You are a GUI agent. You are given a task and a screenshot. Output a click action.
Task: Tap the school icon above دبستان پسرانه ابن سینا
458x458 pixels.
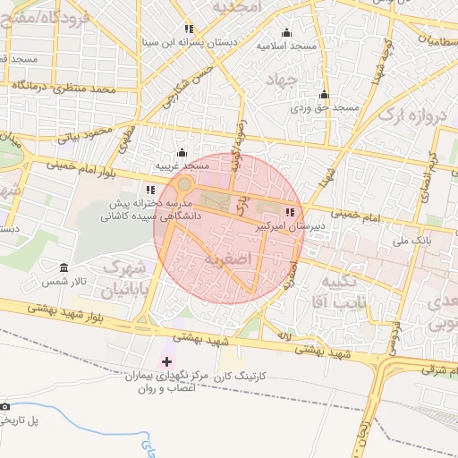pos(188,29)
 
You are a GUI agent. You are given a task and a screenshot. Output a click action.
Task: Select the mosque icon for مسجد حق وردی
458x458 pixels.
pos(324,95)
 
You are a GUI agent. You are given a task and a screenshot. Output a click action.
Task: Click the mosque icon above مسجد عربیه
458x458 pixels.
pos(182,152)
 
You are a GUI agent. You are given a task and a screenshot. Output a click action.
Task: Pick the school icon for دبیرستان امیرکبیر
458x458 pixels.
pos(289,213)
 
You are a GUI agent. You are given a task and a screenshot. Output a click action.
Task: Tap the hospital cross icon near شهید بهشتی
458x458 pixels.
pos(166,360)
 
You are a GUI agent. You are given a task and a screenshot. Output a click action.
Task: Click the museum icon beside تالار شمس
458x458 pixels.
pos(64,268)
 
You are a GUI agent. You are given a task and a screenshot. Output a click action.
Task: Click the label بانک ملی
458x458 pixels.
pos(412,241)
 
